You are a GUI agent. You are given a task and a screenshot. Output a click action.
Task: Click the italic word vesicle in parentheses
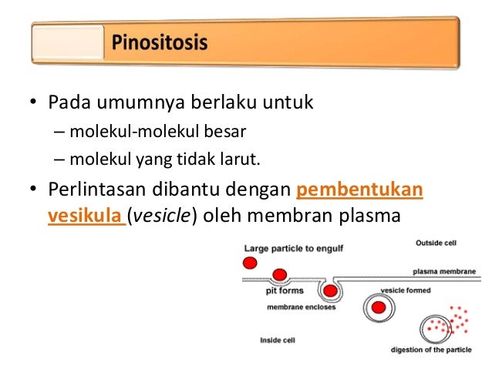coord(160,216)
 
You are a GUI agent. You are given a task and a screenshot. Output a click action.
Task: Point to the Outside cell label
coord(436,243)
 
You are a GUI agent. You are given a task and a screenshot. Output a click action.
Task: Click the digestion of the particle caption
coord(434,351)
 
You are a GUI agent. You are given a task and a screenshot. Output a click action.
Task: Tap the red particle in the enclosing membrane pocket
coord(331,291)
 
